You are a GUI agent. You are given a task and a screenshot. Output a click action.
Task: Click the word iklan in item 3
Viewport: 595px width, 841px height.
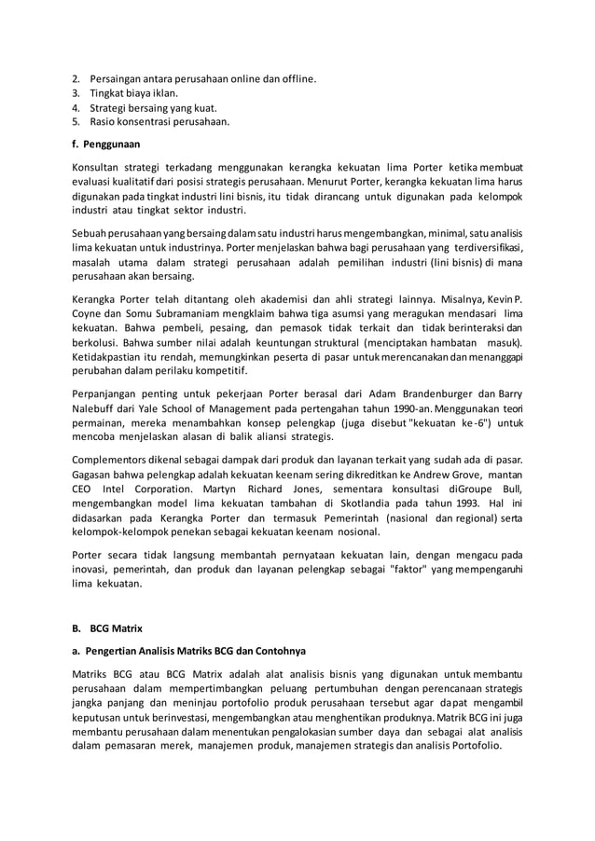[x=164, y=92]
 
